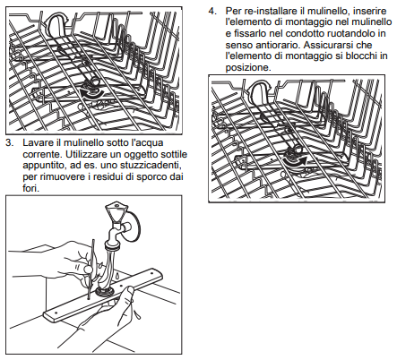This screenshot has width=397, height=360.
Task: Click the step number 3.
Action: tap(10, 142)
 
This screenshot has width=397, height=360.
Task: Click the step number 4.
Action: tap(212, 11)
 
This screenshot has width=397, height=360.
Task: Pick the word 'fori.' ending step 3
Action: tap(30, 188)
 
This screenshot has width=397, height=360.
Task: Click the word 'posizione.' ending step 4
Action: tap(248, 67)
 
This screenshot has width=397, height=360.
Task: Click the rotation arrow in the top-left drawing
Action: tap(92, 93)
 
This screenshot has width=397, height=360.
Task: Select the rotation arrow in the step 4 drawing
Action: tap(296, 161)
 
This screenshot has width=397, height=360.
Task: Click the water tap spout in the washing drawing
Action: tap(115, 238)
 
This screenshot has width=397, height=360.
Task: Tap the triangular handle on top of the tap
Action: tap(117, 210)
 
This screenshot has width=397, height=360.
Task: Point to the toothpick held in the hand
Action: tap(91, 269)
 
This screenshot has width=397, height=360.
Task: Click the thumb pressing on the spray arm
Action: tap(129, 290)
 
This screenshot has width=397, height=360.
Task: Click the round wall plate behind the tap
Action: tap(134, 225)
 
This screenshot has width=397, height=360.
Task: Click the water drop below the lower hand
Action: tap(138, 314)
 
